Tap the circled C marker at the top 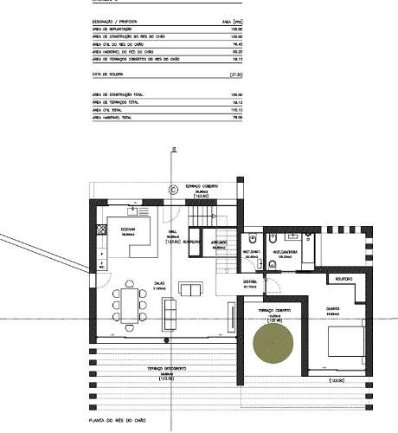tap(172, 187)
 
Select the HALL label tap(172, 232)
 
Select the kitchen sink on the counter tap(133, 209)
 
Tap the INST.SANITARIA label tap(288, 253)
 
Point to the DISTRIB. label tap(251, 281)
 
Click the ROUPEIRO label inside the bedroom tap(342, 279)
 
